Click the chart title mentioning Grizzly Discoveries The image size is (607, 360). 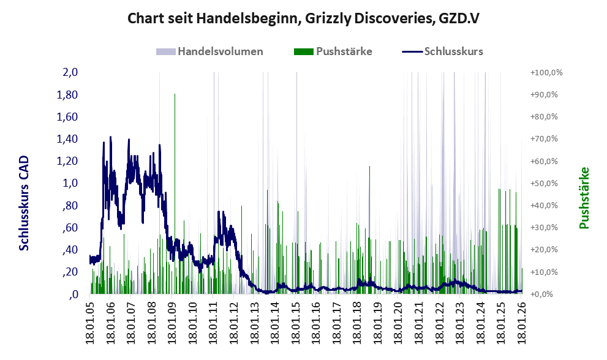click(x=303, y=19)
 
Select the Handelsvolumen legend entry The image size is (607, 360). click(x=220, y=51)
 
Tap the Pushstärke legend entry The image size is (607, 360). click(x=344, y=51)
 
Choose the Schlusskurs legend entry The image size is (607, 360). click(x=453, y=51)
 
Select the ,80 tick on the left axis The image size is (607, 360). click(x=70, y=206)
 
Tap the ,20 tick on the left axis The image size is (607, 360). click(x=70, y=272)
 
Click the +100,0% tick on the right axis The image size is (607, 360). click(x=546, y=72)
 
